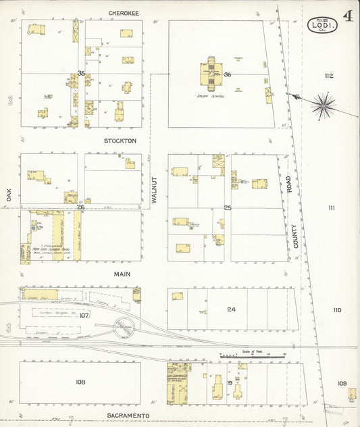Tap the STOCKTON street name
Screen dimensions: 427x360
(120, 141)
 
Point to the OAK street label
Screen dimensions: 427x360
(9, 195)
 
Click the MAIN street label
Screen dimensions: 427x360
(122, 274)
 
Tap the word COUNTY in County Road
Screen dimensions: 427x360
(295, 236)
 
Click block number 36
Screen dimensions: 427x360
(228, 74)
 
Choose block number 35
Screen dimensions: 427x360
(81, 73)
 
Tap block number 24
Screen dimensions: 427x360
(231, 309)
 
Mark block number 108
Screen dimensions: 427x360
(80, 382)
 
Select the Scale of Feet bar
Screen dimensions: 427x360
(253, 355)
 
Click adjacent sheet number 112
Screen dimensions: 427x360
(329, 76)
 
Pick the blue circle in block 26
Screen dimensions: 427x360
(32, 228)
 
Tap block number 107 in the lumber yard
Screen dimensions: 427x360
(84, 315)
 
